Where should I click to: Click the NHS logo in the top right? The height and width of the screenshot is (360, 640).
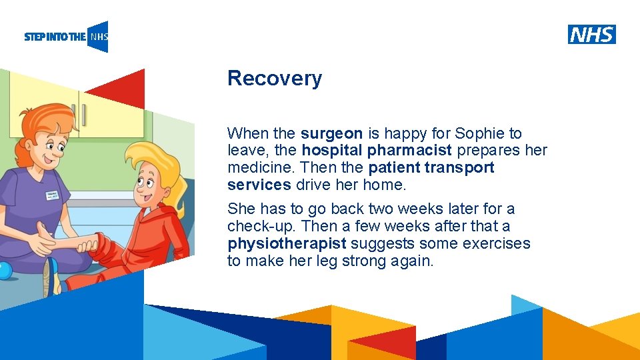click(591, 35)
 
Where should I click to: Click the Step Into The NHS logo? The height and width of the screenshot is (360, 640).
click(66, 37)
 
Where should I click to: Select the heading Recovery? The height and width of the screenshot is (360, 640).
click(274, 78)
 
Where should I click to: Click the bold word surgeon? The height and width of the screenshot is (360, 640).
click(331, 133)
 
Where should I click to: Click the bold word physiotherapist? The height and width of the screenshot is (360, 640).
click(287, 244)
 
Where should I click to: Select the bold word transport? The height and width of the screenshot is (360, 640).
click(459, 168)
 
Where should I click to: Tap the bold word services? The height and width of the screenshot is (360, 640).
click(259, 185)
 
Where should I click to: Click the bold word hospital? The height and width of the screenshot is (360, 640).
click(332, 151)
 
